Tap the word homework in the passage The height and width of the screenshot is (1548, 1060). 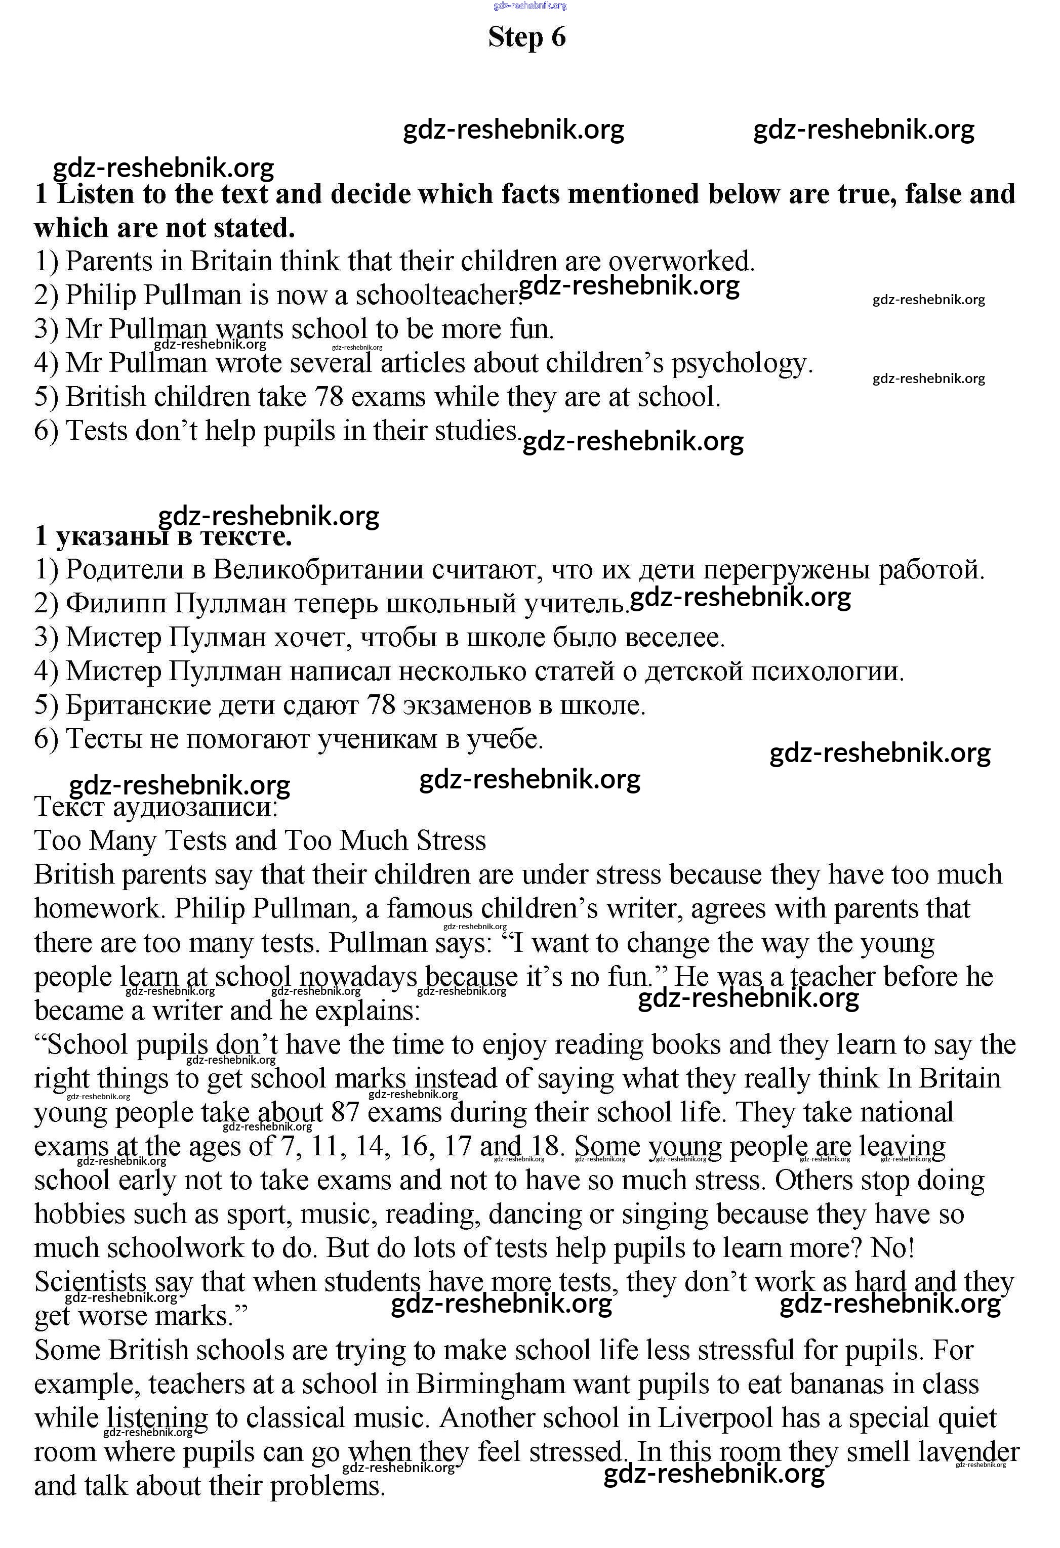pos(99,908)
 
